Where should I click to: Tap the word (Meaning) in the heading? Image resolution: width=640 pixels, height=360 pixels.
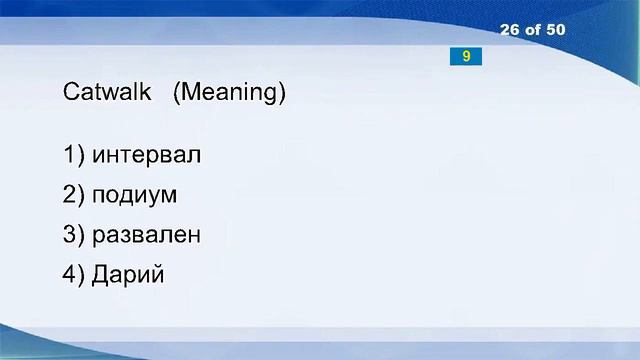pos(229,94)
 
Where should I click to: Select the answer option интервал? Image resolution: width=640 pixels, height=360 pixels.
pos(146,156)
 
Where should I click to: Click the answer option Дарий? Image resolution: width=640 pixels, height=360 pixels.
pos(127,275)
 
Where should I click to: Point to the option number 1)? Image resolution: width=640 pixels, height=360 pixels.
pos(73,156)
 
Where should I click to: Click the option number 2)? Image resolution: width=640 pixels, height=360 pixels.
pos(73,196)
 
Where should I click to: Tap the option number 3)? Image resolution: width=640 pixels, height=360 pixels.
pos(73,236)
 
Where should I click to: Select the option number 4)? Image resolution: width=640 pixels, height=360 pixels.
pos(73,275)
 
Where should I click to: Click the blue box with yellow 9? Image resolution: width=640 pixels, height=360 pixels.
pos(466,57)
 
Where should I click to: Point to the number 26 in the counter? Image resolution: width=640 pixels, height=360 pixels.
pos(510,30)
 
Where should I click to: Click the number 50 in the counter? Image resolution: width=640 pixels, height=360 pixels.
pos(554,30)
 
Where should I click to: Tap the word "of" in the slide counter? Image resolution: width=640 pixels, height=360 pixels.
pos(532,30)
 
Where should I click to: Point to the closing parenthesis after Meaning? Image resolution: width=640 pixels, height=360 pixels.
pos(282,94)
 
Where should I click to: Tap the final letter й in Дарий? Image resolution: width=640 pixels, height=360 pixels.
pos(155,275)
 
